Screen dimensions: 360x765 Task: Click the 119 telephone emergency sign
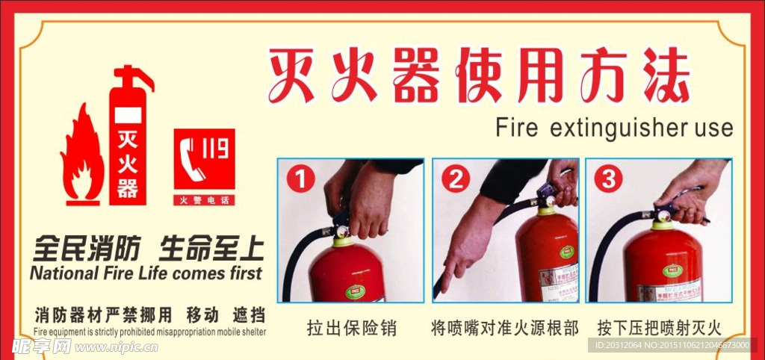[x=204, y=159]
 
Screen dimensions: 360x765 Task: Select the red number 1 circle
[x=300, y=180]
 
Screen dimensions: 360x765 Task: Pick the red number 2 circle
[x=454, y=180]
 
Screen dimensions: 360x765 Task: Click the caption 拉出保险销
[x=351, y=327]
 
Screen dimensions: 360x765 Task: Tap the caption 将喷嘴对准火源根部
[x=505, y=327]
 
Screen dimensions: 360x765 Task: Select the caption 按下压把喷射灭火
[x=659, y=327]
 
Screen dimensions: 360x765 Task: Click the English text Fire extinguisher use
[x=614, y=128]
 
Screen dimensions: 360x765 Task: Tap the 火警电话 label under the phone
[x=204, y=200]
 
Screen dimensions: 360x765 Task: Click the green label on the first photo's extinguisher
[x=352, y=290]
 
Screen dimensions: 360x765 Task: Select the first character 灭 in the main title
[x=293, y=77]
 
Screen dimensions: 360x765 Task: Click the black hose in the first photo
[x=293, y=261]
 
